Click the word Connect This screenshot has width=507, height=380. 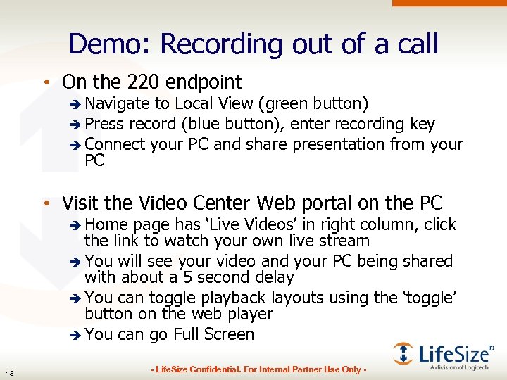click(113, 144)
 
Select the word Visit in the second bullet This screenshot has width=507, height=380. click(80, 203)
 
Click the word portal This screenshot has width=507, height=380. click(320, 203)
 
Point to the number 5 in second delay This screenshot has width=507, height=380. click(186, 278)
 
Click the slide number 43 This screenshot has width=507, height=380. click(10, 372)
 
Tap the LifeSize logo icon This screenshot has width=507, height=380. click(403, 353)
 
